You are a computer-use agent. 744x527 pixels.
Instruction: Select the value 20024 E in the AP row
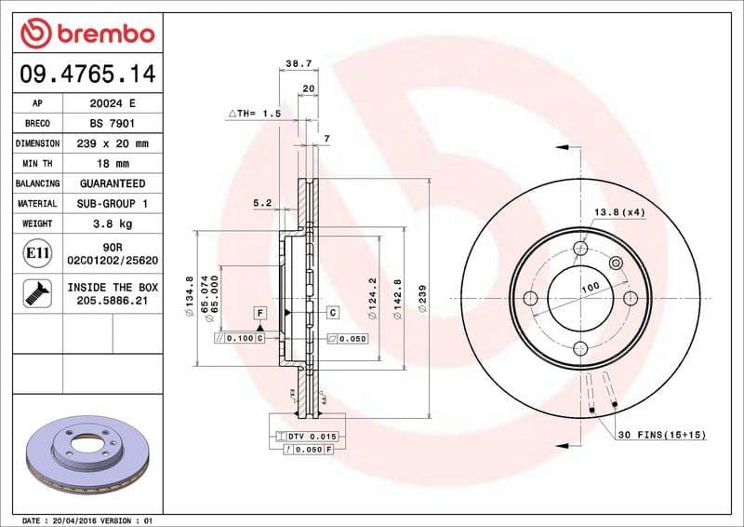coord(113,103)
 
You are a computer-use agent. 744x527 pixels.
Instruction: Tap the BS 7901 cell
coord(113,123)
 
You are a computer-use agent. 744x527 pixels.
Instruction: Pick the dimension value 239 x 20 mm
coord(113,143)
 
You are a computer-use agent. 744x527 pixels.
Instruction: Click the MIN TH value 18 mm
coord(113,164)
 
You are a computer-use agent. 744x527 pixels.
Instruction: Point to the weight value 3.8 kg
coord(113,224)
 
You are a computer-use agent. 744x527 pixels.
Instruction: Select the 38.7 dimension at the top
coord(298,63)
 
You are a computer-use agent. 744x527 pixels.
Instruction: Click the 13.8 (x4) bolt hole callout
coord(619,212)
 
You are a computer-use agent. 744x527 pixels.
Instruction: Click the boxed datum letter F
coord(260,312)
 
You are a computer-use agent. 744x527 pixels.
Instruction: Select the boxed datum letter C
coord(331,312)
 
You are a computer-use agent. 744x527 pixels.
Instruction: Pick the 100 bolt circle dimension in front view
coord(590,289)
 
